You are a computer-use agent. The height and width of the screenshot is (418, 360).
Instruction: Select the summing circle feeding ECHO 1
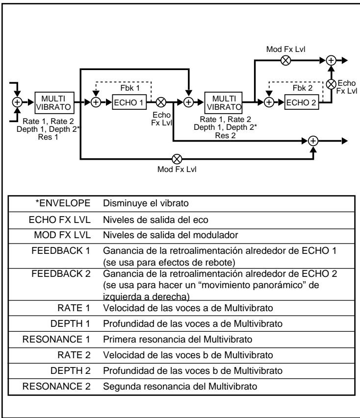point(96,103)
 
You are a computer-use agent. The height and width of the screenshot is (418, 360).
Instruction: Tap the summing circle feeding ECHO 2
point(268,103)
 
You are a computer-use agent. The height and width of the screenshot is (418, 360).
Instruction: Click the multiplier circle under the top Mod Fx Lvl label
point(285,60)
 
